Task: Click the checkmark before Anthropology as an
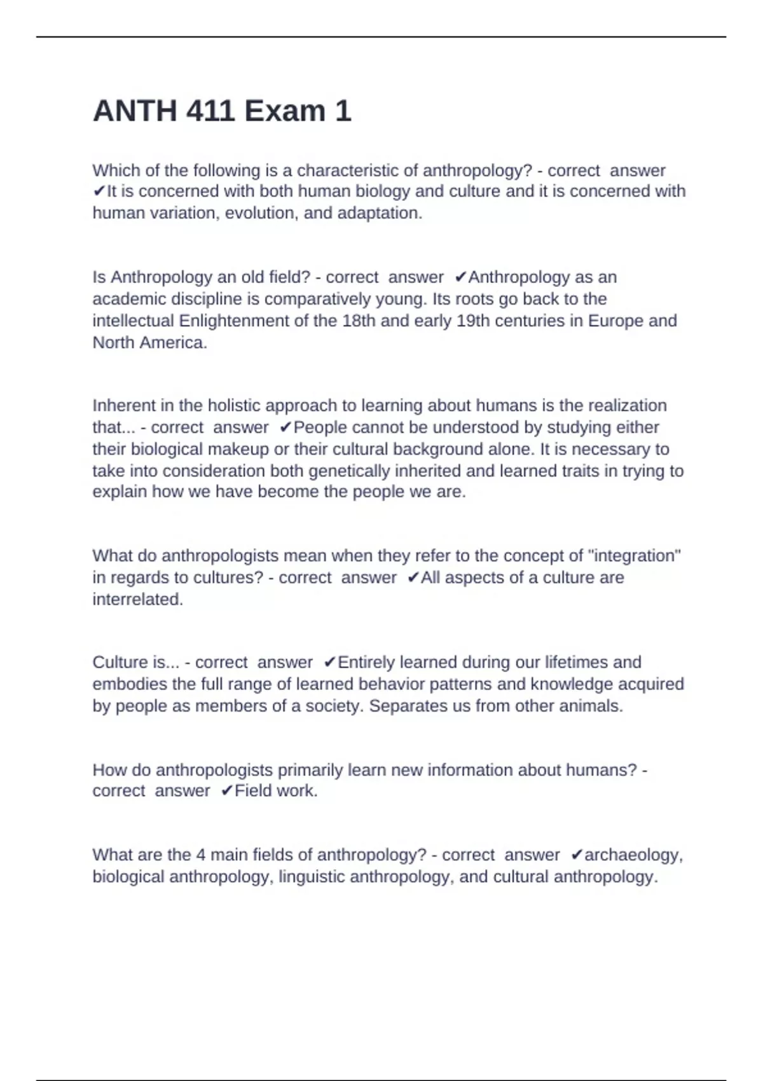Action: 461,277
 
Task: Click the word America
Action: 174,343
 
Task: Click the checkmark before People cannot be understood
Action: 285,427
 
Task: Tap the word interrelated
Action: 137,600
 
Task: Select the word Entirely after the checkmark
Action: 366,663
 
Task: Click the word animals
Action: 590,706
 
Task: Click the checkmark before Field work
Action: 227,791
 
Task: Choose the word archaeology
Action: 633,855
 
